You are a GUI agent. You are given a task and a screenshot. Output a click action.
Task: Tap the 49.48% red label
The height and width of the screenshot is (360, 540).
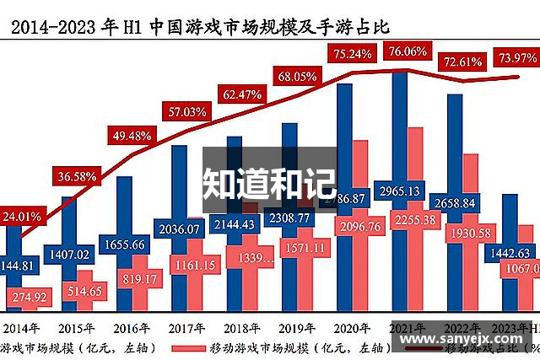pos(131,135)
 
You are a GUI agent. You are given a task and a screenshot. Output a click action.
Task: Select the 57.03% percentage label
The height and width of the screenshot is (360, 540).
pos(186,111)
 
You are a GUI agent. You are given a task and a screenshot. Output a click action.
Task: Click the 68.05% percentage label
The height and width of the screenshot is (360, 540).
pos(297,76)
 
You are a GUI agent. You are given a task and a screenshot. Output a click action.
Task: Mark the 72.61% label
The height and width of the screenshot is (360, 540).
pos(462,62)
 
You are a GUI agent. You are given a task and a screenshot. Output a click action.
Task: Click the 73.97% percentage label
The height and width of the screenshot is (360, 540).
pos(516,57)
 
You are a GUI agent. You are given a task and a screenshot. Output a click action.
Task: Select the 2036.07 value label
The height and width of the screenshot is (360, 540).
pos(178,228)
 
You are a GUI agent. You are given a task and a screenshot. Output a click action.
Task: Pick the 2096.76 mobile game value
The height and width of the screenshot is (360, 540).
pos(359,225)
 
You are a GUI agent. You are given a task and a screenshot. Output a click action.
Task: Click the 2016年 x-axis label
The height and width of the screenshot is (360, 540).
pos(132,328)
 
